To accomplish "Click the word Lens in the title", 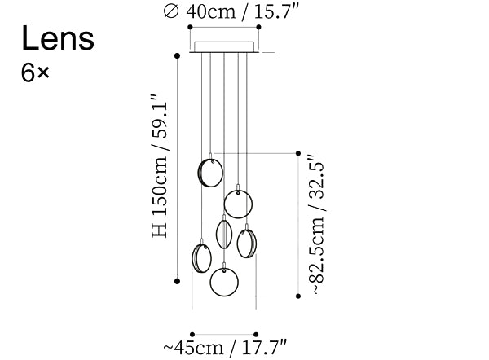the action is [x=58, y=38].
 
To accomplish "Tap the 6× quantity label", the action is [x=35, y=73].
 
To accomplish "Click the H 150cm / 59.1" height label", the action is [x=160, y=165].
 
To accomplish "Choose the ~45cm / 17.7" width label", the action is [x=225, y=348].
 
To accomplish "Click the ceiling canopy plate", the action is [x=224, y=47].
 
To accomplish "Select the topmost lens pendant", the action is [x=211, y=173].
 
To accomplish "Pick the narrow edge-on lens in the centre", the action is [x=224, y=234].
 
